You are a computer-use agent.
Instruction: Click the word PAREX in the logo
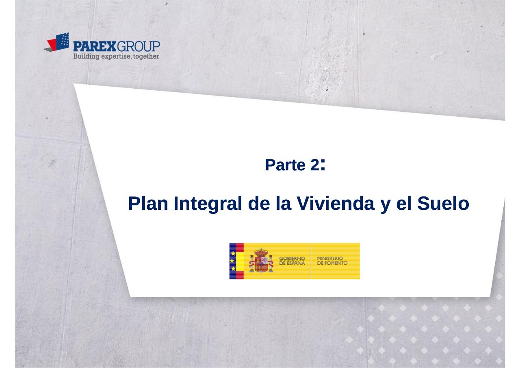(x=95, y=46)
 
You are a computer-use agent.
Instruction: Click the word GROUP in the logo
(x=138, y=46)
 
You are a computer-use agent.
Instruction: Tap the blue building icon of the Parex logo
(x=63, y=41)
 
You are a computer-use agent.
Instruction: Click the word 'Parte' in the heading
(x=285, y=165)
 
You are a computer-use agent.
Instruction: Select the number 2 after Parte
(x=315, y=165)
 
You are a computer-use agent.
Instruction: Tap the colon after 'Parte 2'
(x=323, y=165)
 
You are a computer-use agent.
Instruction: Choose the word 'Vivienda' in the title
(x=336, y=203)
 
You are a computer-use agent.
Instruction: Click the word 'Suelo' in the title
(x=443, y=203)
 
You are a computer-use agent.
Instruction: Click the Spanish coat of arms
(x=261, y=260)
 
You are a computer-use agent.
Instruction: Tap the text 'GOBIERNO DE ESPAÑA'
(x=292, y=261)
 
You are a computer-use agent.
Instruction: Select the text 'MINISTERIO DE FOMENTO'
(x=332, y=261)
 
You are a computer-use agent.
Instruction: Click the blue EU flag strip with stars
(x=233, y=261)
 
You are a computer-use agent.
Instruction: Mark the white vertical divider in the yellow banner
(x=311, y=261)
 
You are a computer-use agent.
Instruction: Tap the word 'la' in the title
(x=284, y=203)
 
